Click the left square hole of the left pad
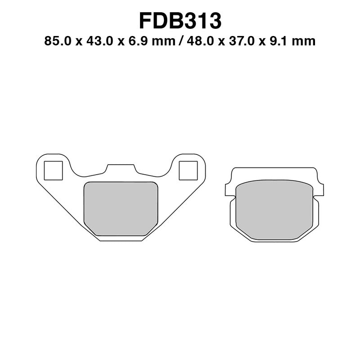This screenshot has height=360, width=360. tap(54, 171)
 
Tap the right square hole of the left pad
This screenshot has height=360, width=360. tap(188, 171)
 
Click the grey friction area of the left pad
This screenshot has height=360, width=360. tap(121, 208)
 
